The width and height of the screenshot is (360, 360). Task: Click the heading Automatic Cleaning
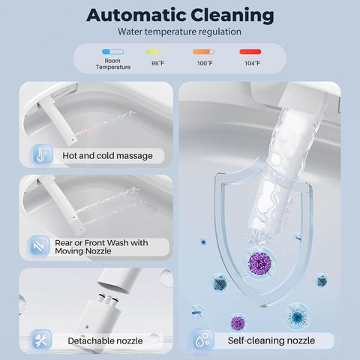[x=180, y=16]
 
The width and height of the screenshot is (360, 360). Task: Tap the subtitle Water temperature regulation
[x=179, y=31]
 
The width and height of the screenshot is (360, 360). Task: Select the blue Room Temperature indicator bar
[x=112, y=52]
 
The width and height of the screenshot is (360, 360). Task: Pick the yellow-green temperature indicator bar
[x=157, y=52]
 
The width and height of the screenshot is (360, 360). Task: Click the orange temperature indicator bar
[x=203, y=52]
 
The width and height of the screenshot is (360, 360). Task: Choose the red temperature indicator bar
[x=250, y=52]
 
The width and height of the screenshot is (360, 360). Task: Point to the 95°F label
[x=157, y=63]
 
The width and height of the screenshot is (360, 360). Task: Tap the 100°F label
[x=205, y=63]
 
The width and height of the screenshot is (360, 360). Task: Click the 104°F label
[x=252, y=63]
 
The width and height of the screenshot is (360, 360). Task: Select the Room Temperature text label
[x=113, y=64]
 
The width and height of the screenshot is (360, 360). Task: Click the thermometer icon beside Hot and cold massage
[x=42, y=155]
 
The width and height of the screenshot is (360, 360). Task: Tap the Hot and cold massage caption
[x=107, y=156]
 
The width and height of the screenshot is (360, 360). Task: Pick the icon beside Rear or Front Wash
[x=39, y=247]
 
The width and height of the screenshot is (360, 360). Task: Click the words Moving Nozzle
[x=83, y=251]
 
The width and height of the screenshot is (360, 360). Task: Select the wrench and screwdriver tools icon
[x=41, y=340]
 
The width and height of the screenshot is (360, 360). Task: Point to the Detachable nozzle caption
[x=105, y=340]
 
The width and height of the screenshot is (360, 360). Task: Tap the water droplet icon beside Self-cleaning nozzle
[x=202, y=340]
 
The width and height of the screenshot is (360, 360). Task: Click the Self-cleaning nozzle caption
[x=271, y=340]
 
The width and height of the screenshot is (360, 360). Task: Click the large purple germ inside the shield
[x=259, y=263]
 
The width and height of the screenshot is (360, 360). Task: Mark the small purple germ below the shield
[x=237, y=322]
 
